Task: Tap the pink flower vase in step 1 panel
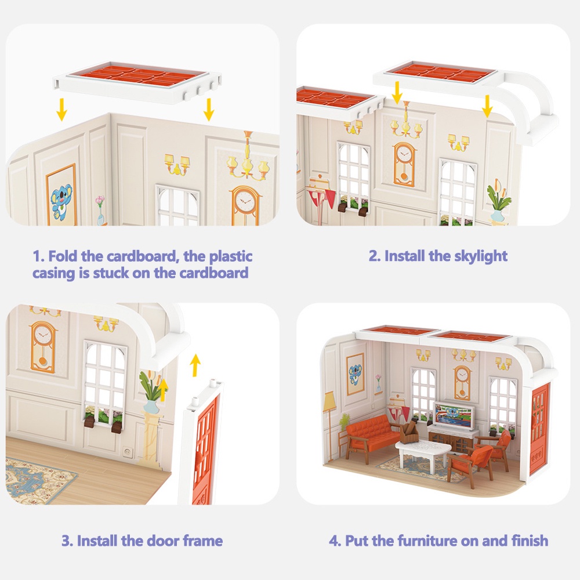(100, 210)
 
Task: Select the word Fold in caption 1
(64, 256)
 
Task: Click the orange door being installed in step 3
(205, 449)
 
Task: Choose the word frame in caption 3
(202, 541)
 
